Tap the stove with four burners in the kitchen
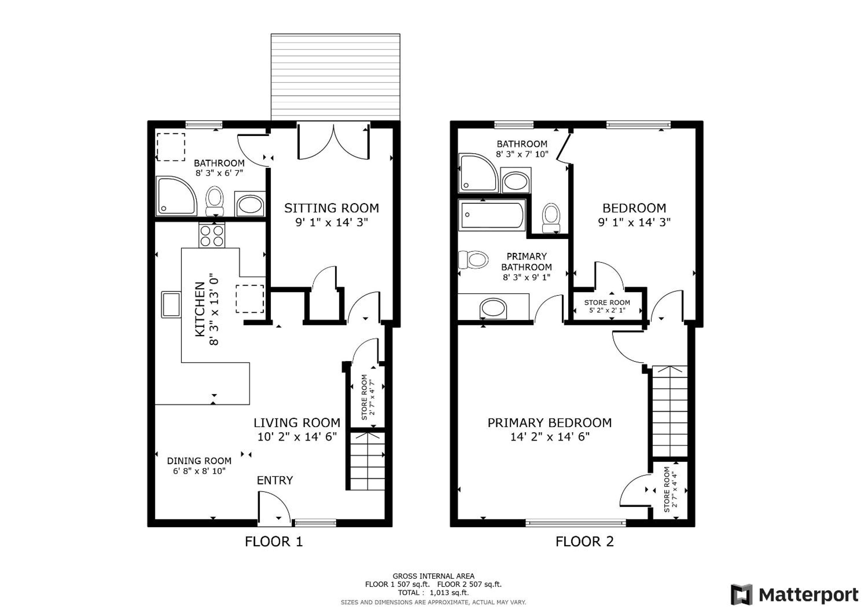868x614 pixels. click(x=212, y=235)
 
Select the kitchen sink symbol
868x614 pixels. click(x=171, y=304)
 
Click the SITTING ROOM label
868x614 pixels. click(x=331, y=208)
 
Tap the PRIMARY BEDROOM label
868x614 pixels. click(x=549, y=423)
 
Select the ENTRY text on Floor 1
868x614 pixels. click(x=275, y=480)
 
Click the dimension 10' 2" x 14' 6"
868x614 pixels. click(x=297, y=437)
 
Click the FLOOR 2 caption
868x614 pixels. click(x=584, y=541)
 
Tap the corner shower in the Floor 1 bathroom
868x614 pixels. click(x=177, y=196)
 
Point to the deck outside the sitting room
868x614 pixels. click(x=335, y=77)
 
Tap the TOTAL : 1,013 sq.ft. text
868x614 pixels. click(x=433, y=592)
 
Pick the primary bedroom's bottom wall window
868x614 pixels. click(x=575, y=523)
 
